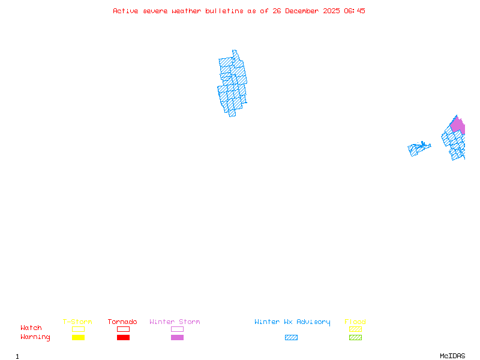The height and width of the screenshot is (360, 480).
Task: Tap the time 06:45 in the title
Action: click(355, 11)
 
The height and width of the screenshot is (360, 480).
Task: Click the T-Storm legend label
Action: click(77, 322)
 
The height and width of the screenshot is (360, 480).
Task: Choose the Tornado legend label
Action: click(122, 322)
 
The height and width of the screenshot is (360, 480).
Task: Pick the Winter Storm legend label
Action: click(175, 322)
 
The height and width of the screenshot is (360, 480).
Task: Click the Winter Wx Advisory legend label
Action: click(292, 322)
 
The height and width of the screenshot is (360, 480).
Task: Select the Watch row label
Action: click(31, 328)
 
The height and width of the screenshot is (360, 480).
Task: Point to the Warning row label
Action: click(35, 337)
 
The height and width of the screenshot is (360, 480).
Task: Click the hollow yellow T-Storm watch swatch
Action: click(78, 329)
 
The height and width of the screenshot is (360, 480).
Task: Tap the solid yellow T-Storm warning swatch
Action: click(78, 338)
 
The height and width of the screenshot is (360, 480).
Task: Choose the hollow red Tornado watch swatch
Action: click(123, 329)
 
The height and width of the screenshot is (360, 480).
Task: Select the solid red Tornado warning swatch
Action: click(123, 338)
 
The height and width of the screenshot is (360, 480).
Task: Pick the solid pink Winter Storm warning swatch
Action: click(177, 338)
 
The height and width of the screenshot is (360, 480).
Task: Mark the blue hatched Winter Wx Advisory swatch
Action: click(291, 338)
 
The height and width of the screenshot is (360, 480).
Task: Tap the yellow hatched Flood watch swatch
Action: click(355, 329)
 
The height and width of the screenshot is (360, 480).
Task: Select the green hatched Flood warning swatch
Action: click(355, 338)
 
